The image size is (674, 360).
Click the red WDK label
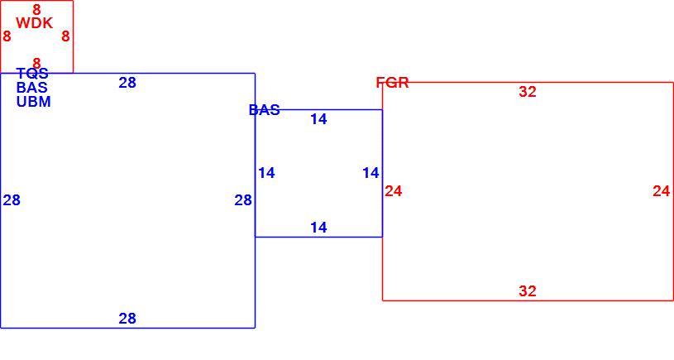pos(35,23)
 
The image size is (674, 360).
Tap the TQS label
pos(32,73)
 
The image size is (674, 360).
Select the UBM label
pos(34,102)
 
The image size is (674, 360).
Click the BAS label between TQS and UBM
pos(31,88)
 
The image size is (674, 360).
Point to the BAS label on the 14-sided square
pos(265,110)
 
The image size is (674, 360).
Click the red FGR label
pos(393,82)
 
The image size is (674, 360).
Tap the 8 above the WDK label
pos(36,9)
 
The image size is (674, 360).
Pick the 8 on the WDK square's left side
pos(7,36)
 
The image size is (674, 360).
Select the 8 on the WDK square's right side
pos(65,36)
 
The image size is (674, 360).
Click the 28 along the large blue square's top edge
pos(127,83)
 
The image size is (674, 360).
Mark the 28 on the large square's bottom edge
pos(127,319)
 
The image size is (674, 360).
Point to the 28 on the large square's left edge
pos(12,200)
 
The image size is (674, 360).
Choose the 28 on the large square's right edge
pos(243,200)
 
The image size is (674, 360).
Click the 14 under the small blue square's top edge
pos(318,119)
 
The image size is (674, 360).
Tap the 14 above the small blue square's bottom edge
pos(318,227)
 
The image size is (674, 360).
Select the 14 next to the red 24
pos(371,173)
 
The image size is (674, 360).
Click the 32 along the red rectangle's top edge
pos(528,92)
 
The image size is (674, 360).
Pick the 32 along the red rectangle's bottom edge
pos(528,291)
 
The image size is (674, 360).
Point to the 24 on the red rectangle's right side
pos(662,191)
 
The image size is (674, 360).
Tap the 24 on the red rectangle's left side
pos(394,191)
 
